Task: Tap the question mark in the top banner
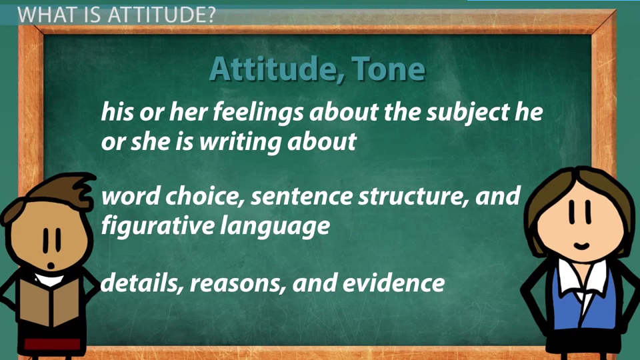pyautogui.click(x=209, y=15)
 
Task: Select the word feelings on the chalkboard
pyautogui.click(x=258, y=112)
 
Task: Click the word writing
pyautogui.click(x=241, y=142)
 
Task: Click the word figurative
pyautogui.click(x=157, y=226)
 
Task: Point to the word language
pyautogui.click(x=275, y=227)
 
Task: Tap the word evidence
pyautogui.click(x=393, y=283)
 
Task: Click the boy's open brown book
pyautogui.click(x=50, y=301)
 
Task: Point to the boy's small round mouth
pyautogui.click(x=51, y=266)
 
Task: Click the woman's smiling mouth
pyautogui.click(x=581, y=246)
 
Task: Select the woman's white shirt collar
pyautogui.click(x=582, y=279)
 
